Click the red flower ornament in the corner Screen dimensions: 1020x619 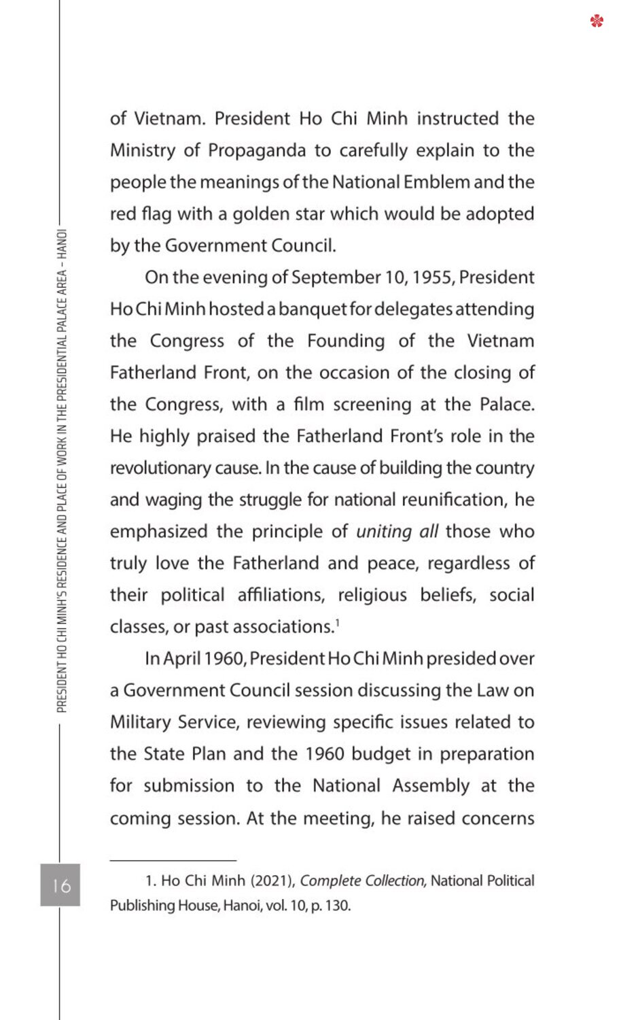[597, 21]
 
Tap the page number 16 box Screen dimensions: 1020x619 [60, 885]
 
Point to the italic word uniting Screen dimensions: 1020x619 [384, 532]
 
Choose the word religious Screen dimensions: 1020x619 [372, 595]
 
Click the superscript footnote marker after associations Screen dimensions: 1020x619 [337, 624]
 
